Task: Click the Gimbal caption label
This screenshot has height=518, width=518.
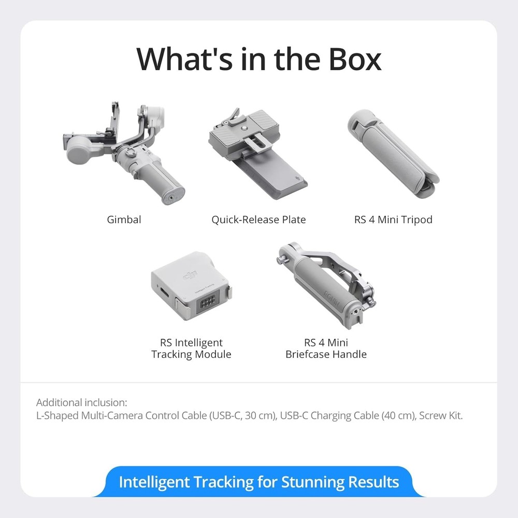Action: pyautogui.click(x=124, y=219)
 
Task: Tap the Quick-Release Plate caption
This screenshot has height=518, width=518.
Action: pyautogui.click(x=258, y=219)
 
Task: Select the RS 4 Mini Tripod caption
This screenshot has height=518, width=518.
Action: pyautogui.click(x=393, y=219)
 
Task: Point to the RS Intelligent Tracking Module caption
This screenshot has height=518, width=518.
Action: pyautogui.click(x=191, y=349)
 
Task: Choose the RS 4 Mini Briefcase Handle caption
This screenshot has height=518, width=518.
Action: pyautogui.click(x=326, y=349)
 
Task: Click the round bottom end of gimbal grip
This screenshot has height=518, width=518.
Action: pyautogui.click(x=173, y=195)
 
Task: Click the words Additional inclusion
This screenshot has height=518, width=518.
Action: pyautogui.click(x=81, y=402)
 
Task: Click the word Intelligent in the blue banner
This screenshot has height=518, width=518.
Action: pyautogui.click(x=154, y=482)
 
